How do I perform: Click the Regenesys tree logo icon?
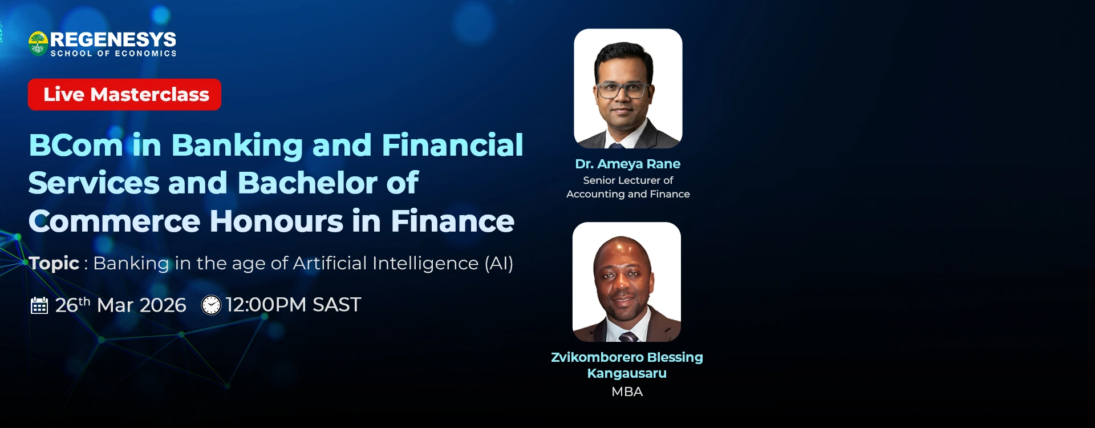pyautogui.click(x=38, y=43)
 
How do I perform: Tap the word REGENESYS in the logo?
pyautogui.click(x=113, y=39)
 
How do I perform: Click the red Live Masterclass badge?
pyautogui.click(x=124, y=94)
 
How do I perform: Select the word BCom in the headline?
pyautogui.click(x=76, y=145)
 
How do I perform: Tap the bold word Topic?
pyautogui.click(x=54, y=263)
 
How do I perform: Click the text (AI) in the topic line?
pyautogui.click(x=499, y=263)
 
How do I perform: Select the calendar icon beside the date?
pyautogui.click(x=39, y=305)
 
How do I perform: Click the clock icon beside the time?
pyautogui.click(x=211, y=305)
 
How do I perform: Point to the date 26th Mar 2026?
pyautogui.click(x=121, y=305)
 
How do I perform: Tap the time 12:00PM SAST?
pyautogui.click(x=293, y=305)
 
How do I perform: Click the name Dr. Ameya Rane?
pyautogui.click(x=627, y=164)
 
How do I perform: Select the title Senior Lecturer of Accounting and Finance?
pyautogui.click(x=628, y=187)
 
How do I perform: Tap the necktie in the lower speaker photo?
pyautogui.click(x=628, y=336)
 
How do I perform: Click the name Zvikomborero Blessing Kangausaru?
pyautogui.click(x=627, y=365)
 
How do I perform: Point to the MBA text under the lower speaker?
pyautogui.click(x=627, y=391)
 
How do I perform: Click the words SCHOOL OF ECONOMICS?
pyautogui.click(x=113, y=53)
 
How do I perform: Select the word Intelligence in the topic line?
pyautogui.click(x=425, y=263)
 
